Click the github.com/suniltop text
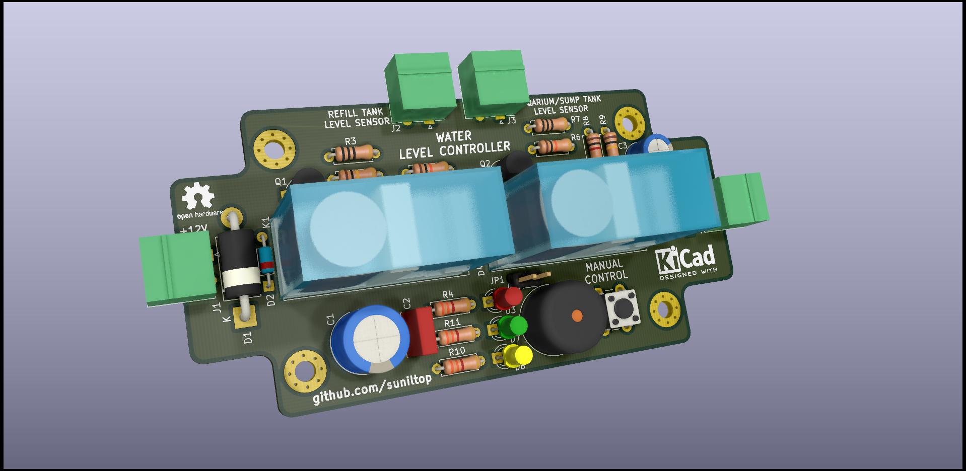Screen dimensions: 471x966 372,389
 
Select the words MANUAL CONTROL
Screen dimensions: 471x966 606,270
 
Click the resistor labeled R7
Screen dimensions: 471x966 553,124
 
